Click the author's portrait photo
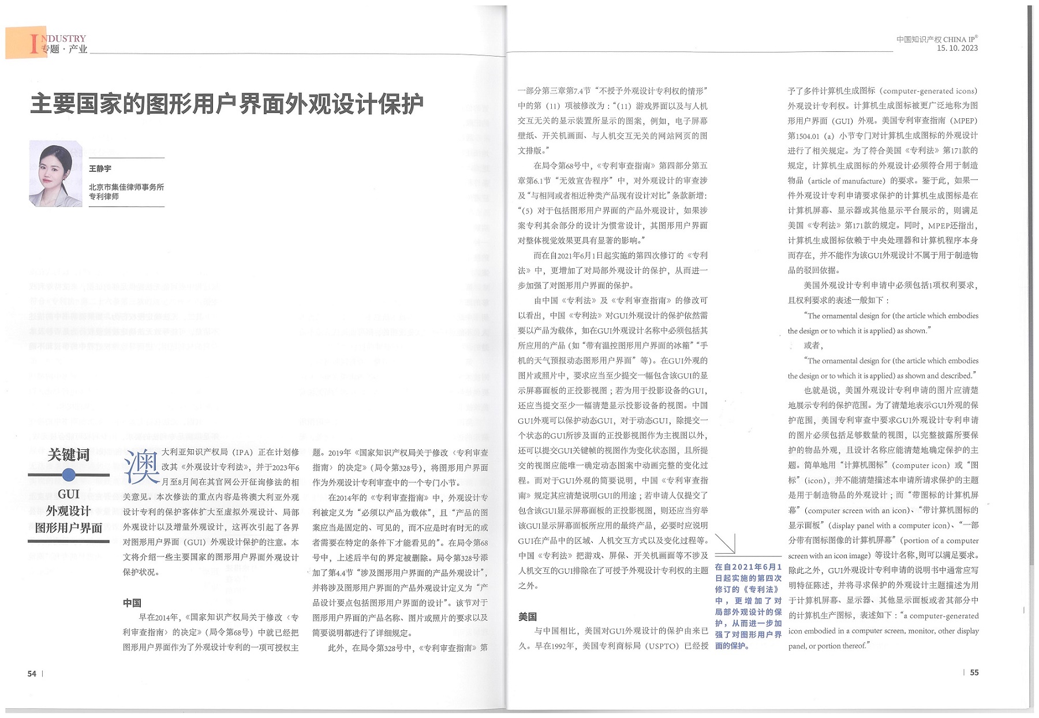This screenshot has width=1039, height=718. tap(55, 174)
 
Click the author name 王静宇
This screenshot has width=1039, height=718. tap(100, 168)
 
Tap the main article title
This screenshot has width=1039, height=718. tap(226, 104)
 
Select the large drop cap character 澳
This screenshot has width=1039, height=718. tap(141, 467)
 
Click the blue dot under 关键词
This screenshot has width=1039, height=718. tap(69, 475)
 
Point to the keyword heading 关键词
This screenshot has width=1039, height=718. tap(69, 454)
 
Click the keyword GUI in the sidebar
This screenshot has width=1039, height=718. tap(69, 494)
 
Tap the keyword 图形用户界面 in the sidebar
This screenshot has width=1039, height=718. tap(69, 528)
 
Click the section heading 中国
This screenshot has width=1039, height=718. tap(132, 603)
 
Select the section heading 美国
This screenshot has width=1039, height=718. tap(528, 616)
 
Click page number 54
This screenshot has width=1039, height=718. tap(32, 674)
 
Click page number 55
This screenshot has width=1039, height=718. tap(974, 672)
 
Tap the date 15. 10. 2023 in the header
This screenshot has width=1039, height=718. tap(957, 48)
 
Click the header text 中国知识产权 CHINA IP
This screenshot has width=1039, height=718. tap(936, 39)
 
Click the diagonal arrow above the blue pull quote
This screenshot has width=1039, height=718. tap(726, 543)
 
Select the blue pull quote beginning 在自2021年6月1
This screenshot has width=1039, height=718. tap(748, 606)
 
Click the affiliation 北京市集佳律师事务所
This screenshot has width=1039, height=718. tap(126, 187)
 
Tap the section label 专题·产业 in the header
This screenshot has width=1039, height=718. tap(64, 49)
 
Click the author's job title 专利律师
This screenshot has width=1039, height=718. tap(104, 196)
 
